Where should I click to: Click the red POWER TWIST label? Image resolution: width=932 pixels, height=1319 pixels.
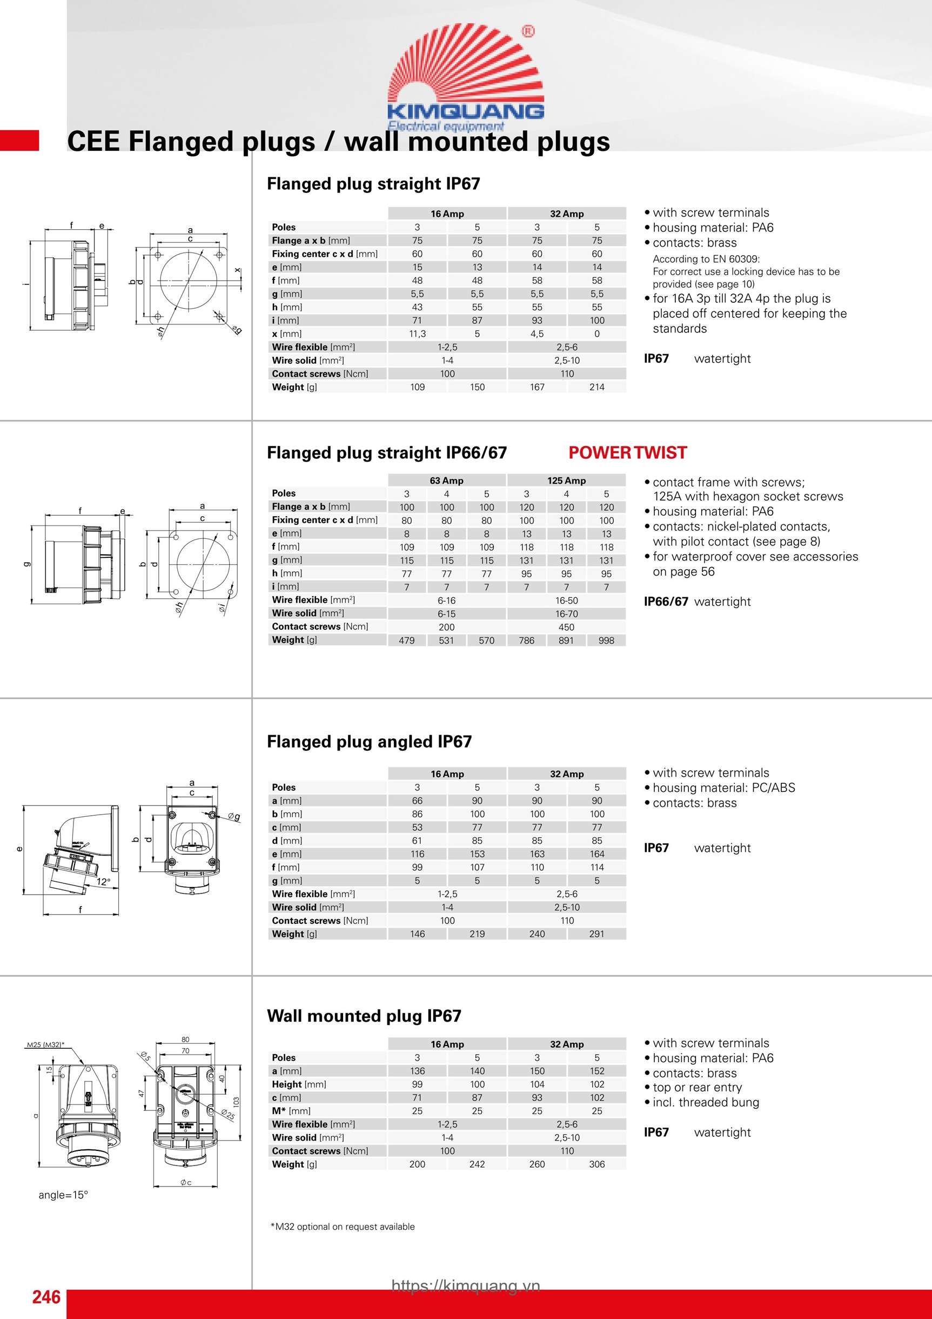[627, 452]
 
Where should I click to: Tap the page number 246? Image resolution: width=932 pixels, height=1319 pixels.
[46, 1297]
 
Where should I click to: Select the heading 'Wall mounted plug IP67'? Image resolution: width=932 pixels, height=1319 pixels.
[364, 1016]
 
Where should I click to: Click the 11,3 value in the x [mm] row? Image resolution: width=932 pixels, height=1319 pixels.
[417, 334]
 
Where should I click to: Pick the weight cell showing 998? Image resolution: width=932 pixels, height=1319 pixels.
[606, 641]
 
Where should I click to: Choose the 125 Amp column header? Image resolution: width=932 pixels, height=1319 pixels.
[566, 480]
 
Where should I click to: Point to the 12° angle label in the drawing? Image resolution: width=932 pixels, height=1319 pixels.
[103, 881]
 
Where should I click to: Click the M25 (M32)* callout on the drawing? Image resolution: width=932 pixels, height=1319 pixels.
[45, 1044]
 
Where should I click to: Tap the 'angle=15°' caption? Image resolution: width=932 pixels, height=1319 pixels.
[63, 1195]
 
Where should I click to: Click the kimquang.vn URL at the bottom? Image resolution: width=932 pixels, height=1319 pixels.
[466, 1285]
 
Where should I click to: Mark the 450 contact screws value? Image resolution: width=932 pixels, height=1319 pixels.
[566, 627]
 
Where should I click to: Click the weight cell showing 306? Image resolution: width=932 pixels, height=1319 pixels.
[596, 1164]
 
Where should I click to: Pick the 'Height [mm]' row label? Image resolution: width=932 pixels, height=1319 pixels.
[299, 1084]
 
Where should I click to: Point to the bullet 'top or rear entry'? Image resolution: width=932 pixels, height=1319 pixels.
[696, 1087]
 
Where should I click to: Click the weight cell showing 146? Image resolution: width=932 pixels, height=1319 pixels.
[417, 934]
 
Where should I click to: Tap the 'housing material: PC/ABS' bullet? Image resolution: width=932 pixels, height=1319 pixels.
[723, 788]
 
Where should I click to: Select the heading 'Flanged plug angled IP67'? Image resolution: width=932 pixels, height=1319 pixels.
[369, 742]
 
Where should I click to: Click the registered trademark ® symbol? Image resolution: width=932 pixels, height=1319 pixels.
[528, 31]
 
